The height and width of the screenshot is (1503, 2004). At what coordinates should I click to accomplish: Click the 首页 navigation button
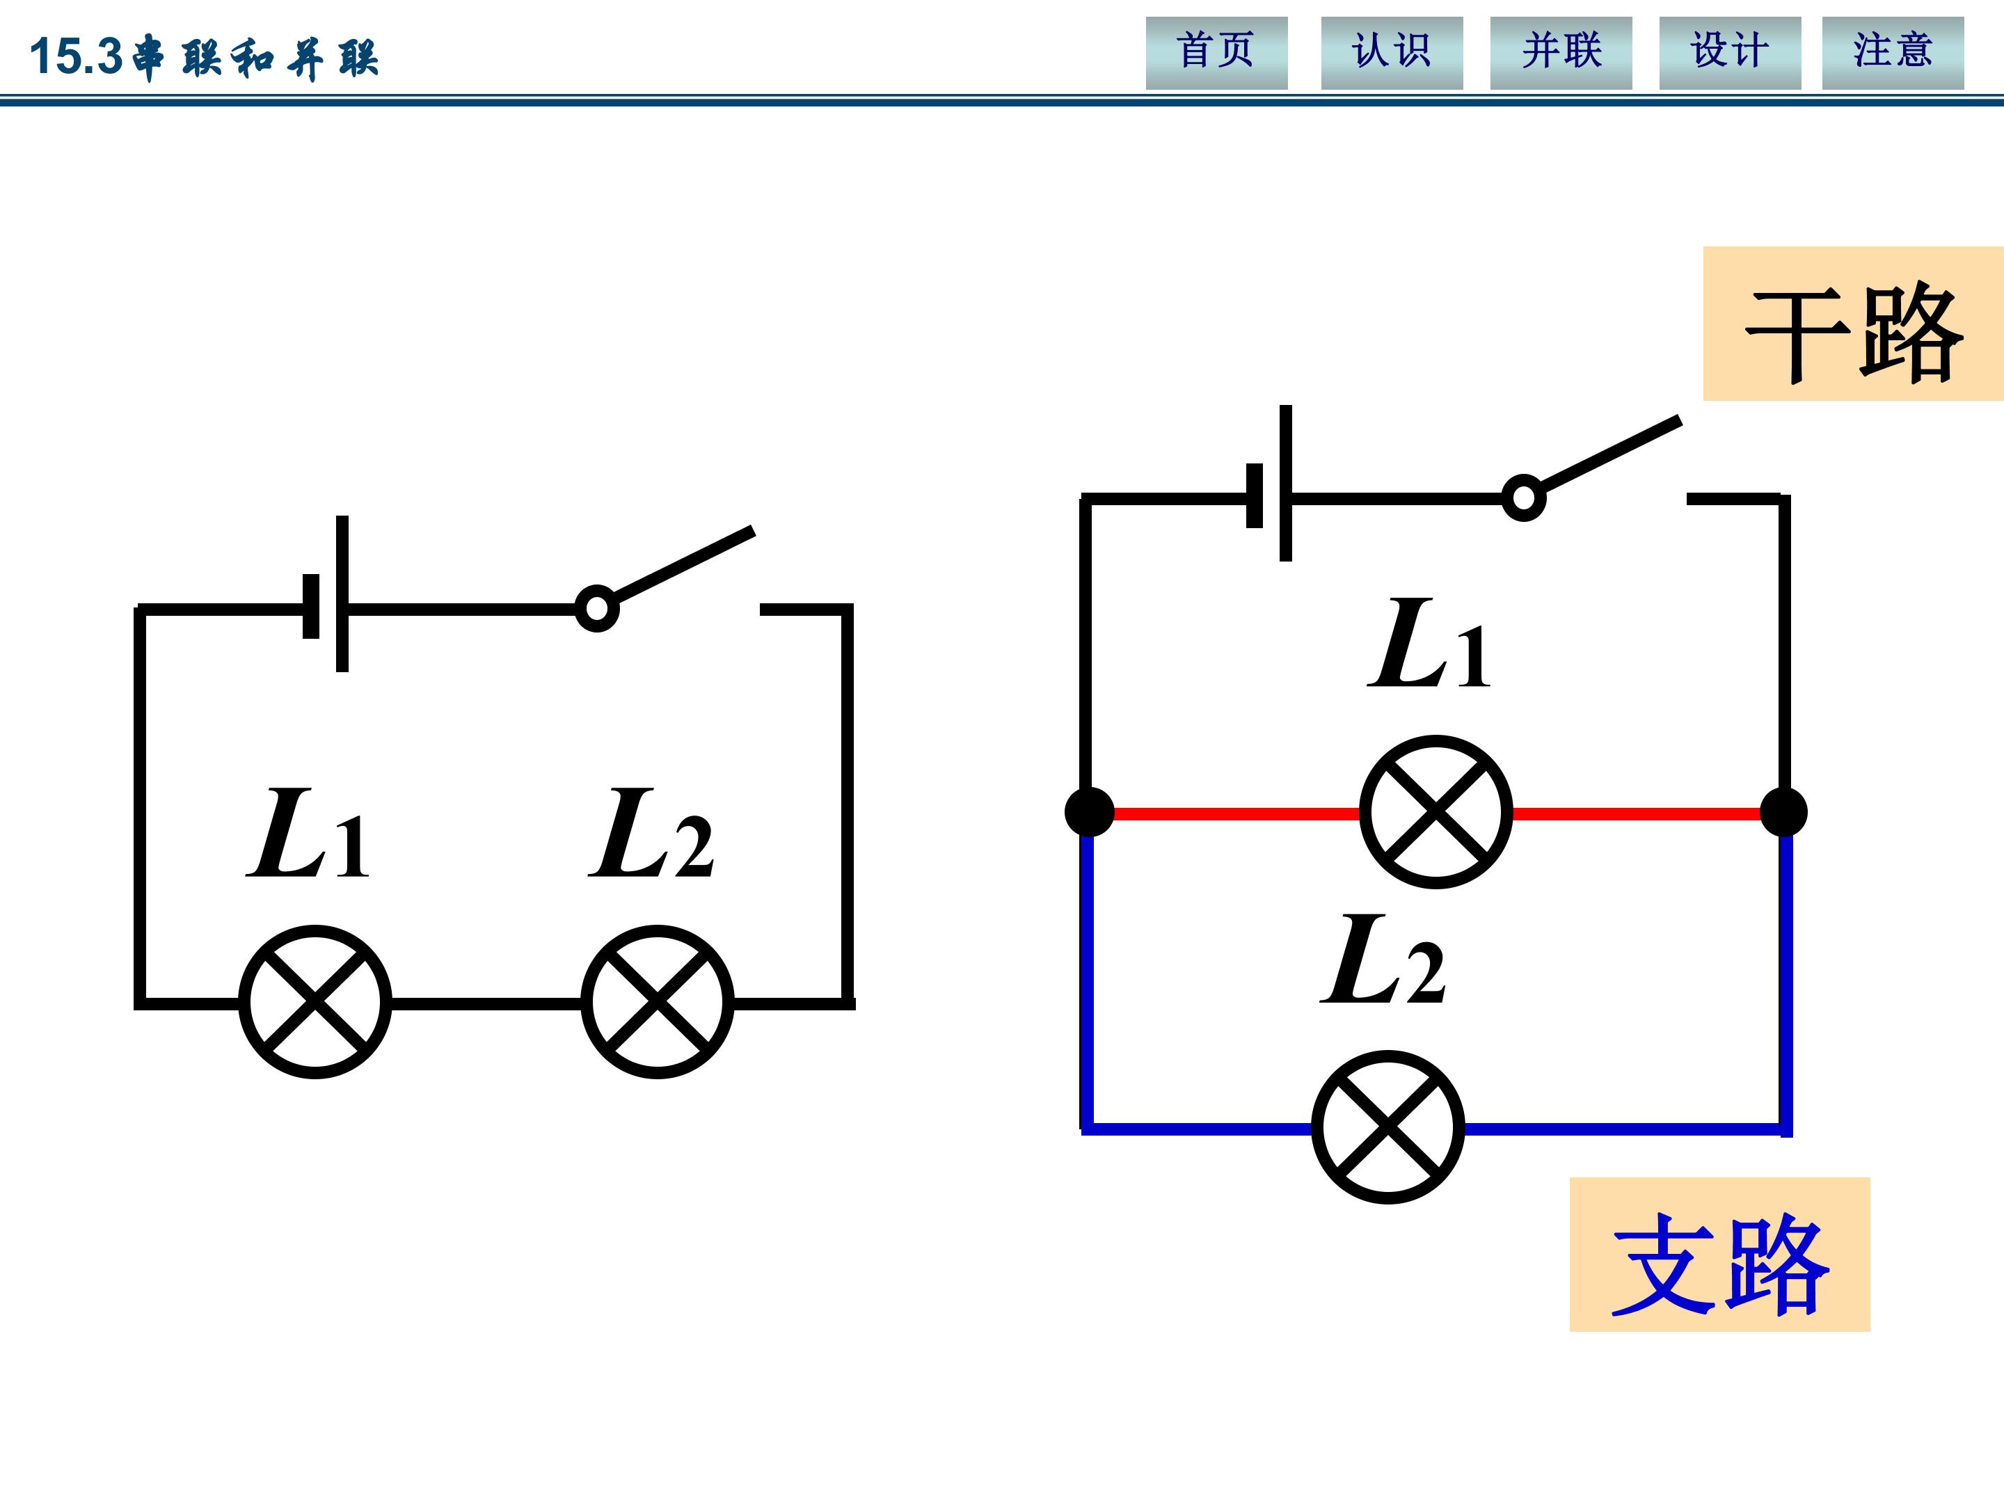(1216, 53)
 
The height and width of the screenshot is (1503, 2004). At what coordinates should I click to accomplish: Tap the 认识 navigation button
(1392, 53)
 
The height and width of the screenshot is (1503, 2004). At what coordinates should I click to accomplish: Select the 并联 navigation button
(1561, 53)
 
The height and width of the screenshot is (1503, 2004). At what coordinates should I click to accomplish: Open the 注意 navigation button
(1893, 53)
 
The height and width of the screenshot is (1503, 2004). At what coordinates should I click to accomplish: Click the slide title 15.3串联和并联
(204, 57)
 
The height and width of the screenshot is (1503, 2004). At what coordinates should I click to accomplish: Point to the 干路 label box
(1853, 324)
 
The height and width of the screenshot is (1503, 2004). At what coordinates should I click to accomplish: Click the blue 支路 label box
(1719, 1254)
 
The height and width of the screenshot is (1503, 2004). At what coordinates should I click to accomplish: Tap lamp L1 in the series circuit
(315, 1001)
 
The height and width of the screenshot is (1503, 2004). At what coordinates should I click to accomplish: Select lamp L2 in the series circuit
(657, 1001)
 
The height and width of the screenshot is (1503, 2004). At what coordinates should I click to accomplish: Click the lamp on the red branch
(1436, 812)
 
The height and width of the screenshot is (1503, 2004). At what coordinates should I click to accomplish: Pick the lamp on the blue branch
(1388, 1127)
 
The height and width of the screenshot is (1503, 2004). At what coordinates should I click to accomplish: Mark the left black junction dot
(1089, 812)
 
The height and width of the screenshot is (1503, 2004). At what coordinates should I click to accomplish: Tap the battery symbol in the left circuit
(326, 594)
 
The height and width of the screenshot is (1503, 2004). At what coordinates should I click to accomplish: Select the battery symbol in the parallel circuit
(1269, 484)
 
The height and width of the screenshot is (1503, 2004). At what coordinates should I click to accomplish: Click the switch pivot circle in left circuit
(597, 609)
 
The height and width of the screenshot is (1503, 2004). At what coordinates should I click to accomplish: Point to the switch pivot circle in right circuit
(1524, 498)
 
